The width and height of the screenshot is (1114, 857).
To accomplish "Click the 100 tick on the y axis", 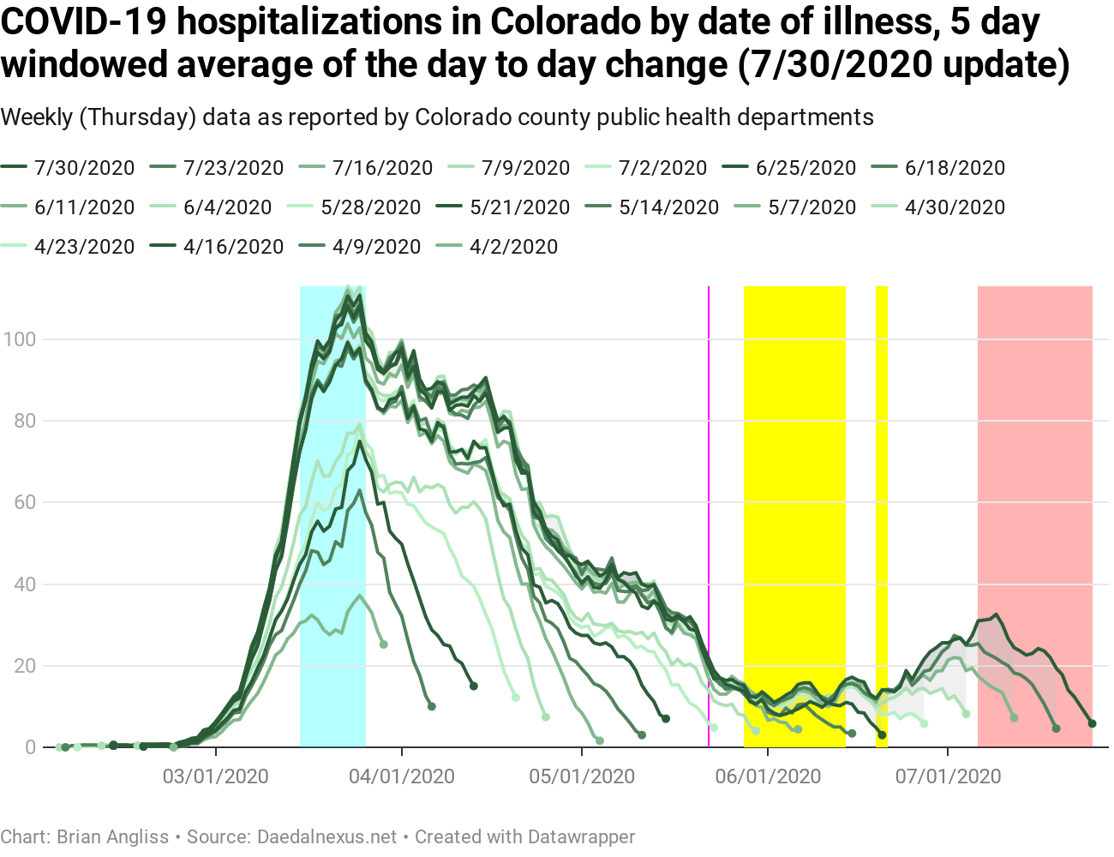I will point(20,339).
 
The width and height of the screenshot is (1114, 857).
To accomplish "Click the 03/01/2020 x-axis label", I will point(216,776).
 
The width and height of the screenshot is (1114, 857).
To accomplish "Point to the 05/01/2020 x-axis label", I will point(582,776).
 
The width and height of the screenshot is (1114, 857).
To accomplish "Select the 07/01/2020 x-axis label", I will point(948,776).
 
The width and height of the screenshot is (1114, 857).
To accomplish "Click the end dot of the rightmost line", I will point(1092,724).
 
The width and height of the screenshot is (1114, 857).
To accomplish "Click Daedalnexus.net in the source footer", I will point(327,836).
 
